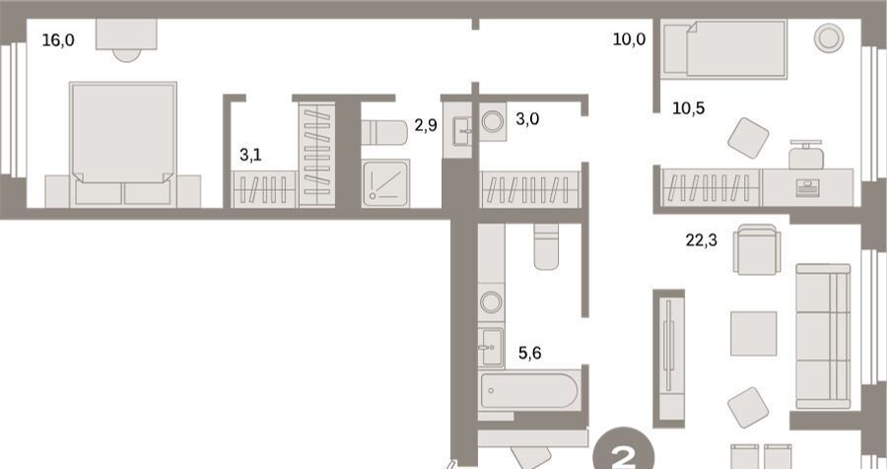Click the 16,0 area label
tap(58, 40)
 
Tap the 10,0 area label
tap(629, 39)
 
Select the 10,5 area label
tap(689, 107)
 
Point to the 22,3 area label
tap(702, 240)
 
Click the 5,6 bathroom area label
tap(529, 353)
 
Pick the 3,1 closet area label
tap(250, 155)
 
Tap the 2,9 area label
tap(426, 125)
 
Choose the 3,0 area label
tap(527, 119)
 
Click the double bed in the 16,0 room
tap(123, 144)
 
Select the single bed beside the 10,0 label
tap(724, 48)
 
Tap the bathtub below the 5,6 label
tap(529, 390)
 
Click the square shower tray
tap(385, 183)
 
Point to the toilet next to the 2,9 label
tap(384, 132)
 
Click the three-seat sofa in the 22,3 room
tap(823, 336)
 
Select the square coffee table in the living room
tap(753, 333)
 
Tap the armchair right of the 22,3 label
tap(757, 249)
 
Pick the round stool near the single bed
tap(829, 38)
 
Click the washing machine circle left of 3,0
tap(493, 121)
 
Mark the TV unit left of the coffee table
tap(669, 358)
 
